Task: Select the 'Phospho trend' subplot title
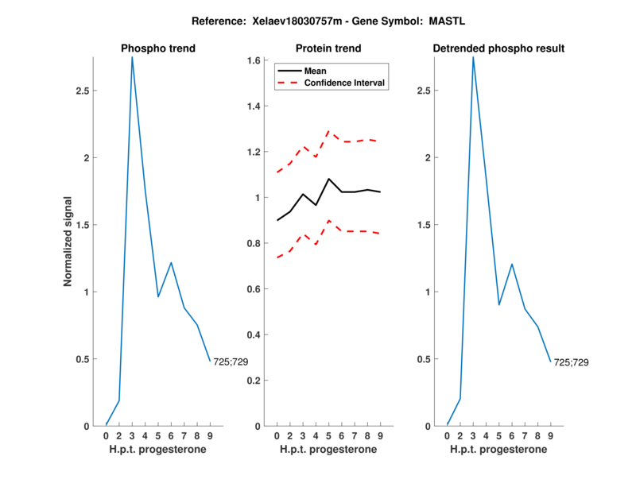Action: pos(158,48)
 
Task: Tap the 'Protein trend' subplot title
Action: pos(328,48)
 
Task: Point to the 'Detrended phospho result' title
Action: pos(498,48)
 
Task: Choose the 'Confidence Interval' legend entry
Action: pos(344,83)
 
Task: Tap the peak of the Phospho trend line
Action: pos(132,57)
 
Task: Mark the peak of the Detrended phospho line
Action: pos(473,57)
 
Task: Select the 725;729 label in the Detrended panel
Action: pos(572,362)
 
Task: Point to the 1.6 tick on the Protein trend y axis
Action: pos(254,60)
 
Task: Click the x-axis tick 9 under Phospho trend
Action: pos(211,435)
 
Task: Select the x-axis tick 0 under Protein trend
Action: pos(277,435)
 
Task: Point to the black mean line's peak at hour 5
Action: pos(329,179)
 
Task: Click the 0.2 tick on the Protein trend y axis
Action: pos(254,381)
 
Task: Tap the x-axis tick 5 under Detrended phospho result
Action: pos(499,435)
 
